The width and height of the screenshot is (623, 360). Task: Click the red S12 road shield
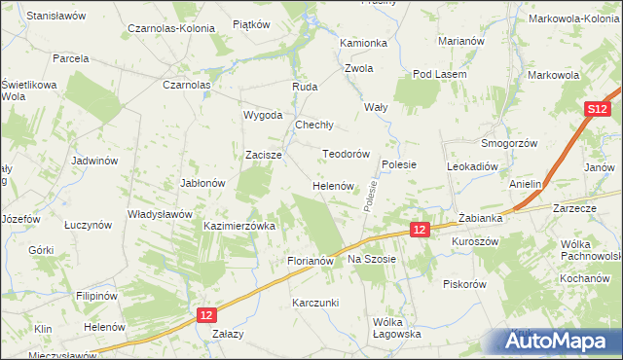click(x=598, y=111)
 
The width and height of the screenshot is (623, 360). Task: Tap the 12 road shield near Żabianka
click(x=419, y=229)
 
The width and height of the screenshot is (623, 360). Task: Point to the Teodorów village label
click(x=346, y=154)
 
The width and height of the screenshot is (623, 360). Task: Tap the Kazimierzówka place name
click(x=239, y=225)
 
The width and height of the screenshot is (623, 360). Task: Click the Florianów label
click(x=311, y=262)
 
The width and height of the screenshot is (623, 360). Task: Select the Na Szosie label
click(x=372, y=260)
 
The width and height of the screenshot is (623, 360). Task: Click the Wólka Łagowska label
click(x=396, y=327)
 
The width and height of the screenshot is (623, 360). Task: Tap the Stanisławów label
click(x=56, y=17)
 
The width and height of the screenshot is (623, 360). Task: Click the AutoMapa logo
click(x=556, y=342)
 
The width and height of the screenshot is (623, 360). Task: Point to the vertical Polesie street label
click(x=372, y=194)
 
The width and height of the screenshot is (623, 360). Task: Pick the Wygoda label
click(x=263, y=114)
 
